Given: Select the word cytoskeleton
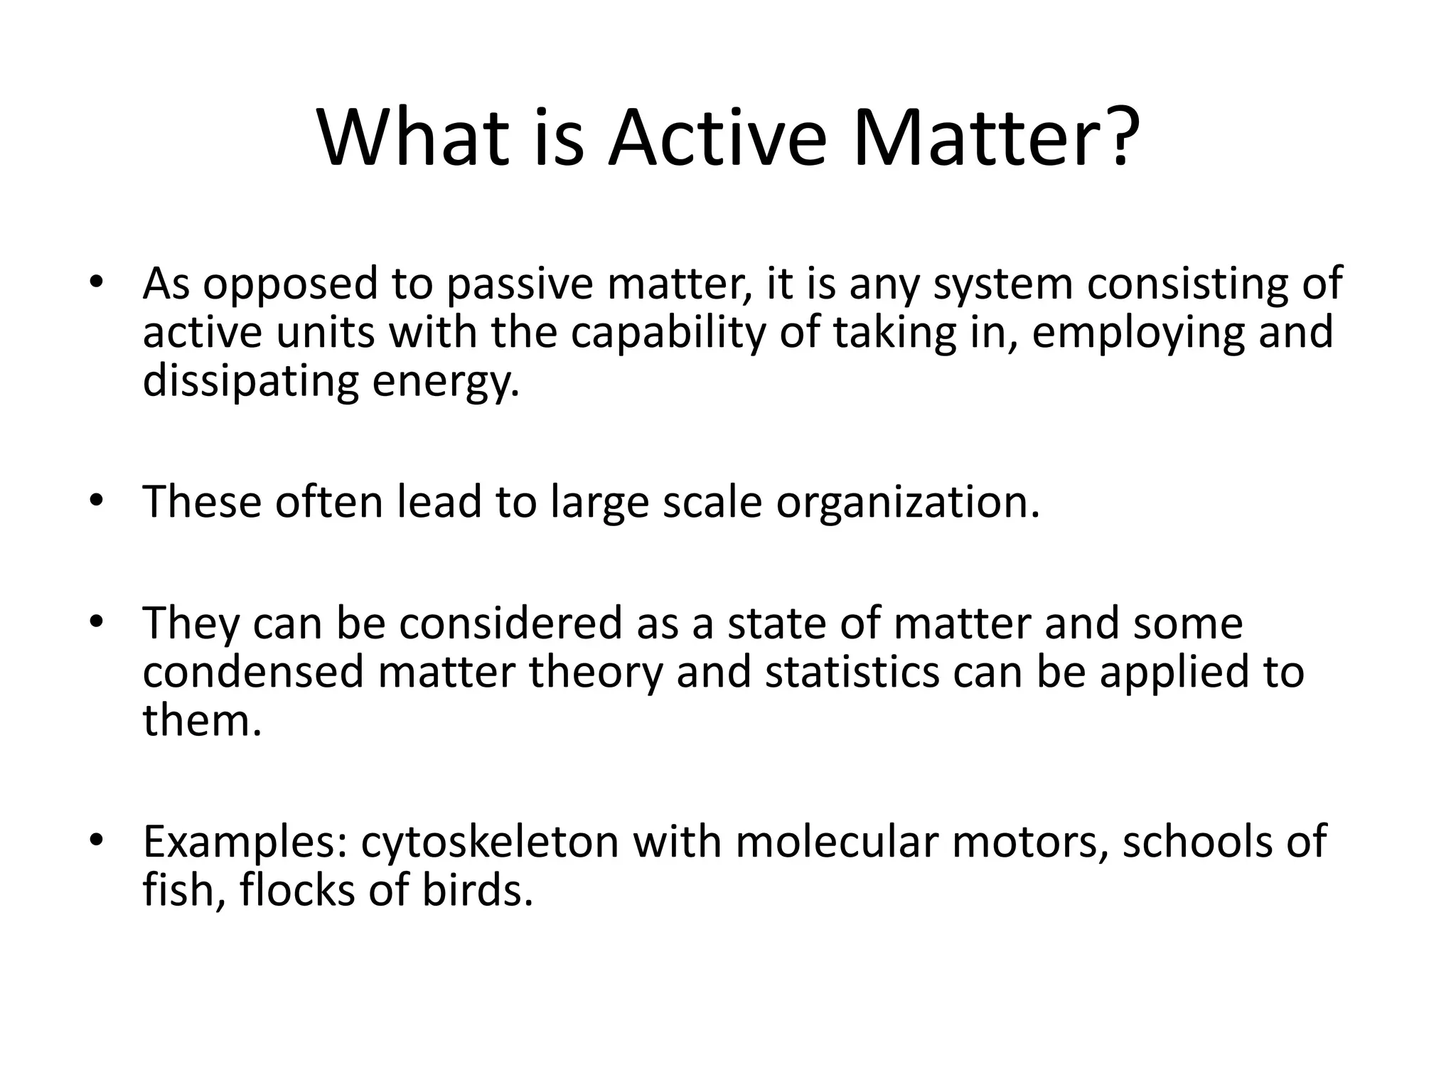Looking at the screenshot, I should (491, 842).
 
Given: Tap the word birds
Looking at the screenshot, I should (477, 890).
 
